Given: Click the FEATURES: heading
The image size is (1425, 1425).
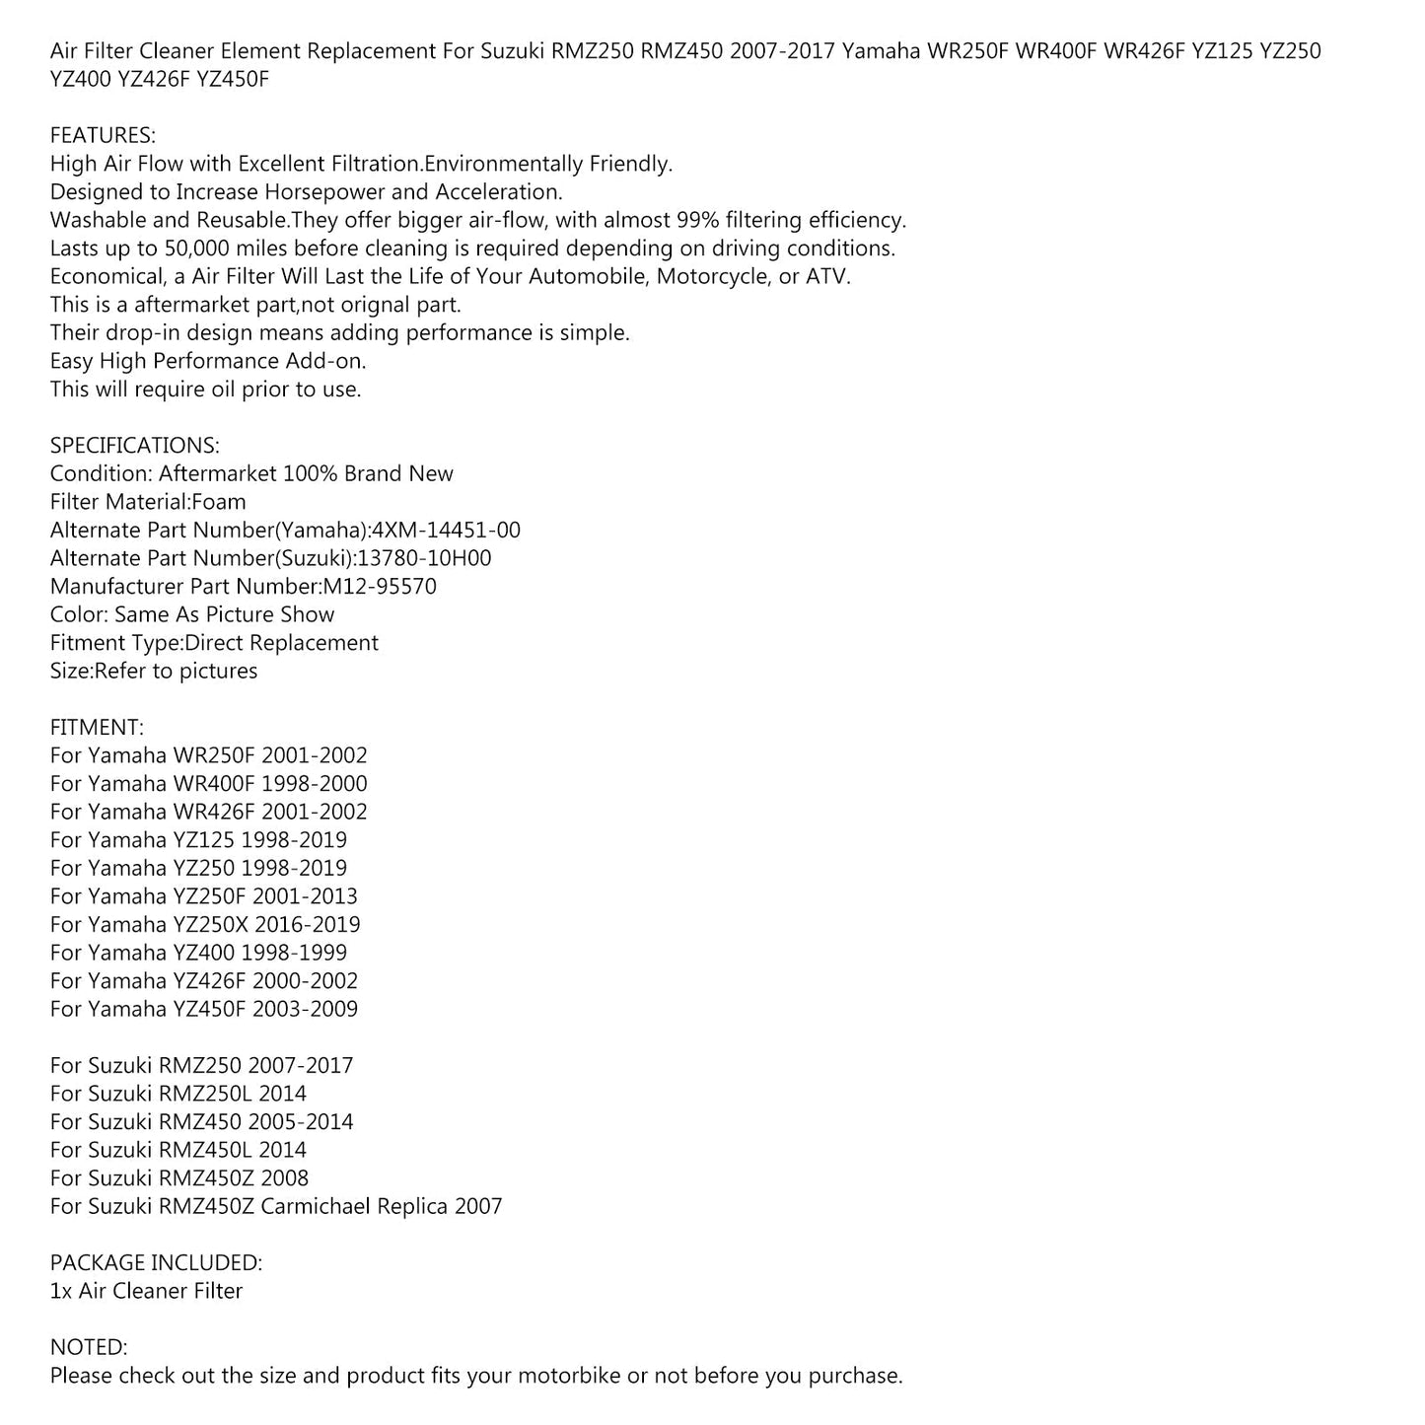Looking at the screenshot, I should click(103, 135).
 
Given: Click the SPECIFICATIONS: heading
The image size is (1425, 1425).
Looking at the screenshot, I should click(135, 445).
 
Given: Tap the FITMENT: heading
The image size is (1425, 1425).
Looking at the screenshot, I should click(97, 727).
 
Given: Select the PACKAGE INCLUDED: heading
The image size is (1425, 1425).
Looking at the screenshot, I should click(156, 1262).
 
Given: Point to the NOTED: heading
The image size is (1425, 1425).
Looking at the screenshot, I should click(89, 1347).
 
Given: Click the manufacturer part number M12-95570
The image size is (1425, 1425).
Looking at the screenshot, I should click(380, 586).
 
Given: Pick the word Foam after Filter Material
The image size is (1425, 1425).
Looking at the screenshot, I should click(219, 502).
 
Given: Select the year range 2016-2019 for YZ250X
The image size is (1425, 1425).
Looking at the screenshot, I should click(307, 924).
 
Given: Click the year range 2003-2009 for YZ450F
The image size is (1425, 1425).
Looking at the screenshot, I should click(305, 1009).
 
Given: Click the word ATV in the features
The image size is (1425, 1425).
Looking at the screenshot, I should click(826, 276).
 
